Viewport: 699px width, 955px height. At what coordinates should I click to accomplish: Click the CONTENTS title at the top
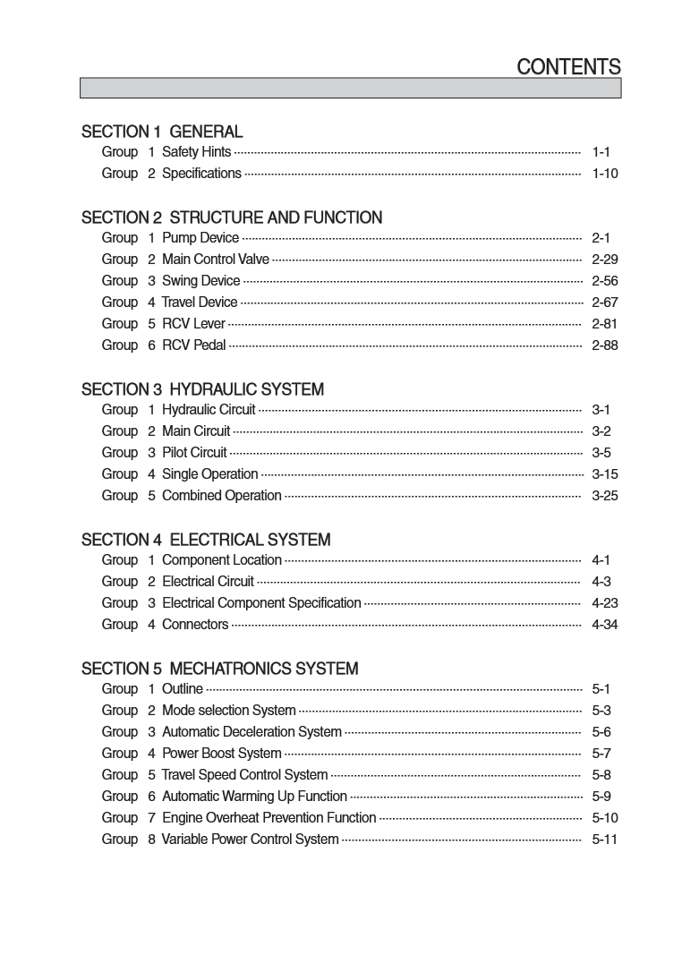568,67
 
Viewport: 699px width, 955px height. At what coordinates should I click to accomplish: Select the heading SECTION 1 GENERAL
162,132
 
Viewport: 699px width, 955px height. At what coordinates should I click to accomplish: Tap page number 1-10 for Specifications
605,174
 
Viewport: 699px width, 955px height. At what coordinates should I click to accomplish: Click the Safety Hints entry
196,152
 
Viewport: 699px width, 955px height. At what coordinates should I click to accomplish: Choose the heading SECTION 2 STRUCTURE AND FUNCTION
232,217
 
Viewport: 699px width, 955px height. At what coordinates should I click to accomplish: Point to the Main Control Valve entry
215,260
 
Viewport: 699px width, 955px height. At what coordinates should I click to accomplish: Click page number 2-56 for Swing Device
605,281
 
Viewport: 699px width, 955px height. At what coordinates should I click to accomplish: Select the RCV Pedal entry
193,345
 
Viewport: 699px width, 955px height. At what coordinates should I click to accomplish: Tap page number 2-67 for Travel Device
605,303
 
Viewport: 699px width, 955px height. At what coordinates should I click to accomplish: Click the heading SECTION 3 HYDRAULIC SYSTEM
202,389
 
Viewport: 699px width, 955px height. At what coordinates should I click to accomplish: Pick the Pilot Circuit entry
194,453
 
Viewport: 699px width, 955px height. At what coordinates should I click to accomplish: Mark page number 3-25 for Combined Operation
605,496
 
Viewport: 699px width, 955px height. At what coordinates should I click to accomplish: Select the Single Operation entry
209,474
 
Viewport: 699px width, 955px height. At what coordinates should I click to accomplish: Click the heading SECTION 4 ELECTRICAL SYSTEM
206,540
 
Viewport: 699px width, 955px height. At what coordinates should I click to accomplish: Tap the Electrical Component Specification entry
261,603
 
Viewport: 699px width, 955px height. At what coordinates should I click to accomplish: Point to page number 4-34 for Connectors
605,625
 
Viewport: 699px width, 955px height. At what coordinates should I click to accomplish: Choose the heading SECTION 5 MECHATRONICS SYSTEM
219,669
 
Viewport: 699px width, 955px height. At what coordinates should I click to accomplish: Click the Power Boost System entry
221,754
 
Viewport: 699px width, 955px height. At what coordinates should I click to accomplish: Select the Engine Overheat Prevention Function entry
269,818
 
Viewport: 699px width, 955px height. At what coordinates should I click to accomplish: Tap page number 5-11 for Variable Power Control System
605,840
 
